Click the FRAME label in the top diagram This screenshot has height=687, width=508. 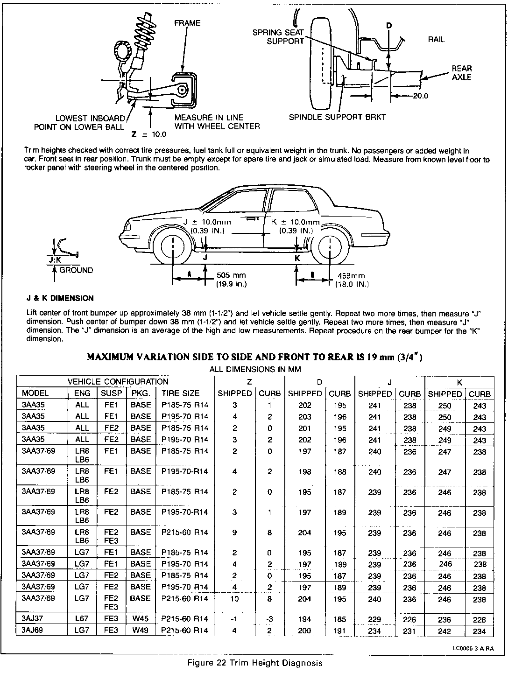[x=187, y=23]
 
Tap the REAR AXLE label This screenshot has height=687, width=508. [x=461, y=73]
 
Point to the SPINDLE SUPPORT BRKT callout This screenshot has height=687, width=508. [x=337, y=117]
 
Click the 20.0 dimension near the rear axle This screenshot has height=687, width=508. [x=420, y=97]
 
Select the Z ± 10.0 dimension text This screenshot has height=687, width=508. [x=149, y=134]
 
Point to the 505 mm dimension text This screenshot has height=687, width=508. [x=232, y=276]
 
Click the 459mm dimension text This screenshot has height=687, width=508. [x=351, y=276]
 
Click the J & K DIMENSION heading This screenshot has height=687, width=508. [x=60, y=298]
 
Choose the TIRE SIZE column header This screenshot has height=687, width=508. [x=181, y=393]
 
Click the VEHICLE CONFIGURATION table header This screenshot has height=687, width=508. [x=118, y=382]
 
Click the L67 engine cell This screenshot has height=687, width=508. [x=82, y=619]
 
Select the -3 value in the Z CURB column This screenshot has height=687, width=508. [x=270, y=619]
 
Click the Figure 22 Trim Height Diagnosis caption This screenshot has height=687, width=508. [x=254, y=663]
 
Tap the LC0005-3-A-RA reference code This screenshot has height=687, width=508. [x=473, y=648]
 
